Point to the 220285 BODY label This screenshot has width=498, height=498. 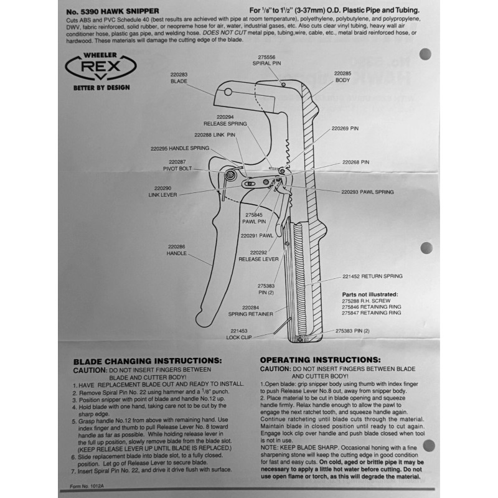click(x=342, y=77)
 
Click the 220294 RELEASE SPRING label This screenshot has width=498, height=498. click(x=225, y=120)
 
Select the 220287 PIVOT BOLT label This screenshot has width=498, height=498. click(x=172, y=165)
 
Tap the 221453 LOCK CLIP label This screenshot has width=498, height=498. click(x=237, y=334)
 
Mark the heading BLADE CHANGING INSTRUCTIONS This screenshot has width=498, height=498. click(x=147, y=360)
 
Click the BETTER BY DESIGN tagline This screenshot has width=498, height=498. click(x=101, y=88)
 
